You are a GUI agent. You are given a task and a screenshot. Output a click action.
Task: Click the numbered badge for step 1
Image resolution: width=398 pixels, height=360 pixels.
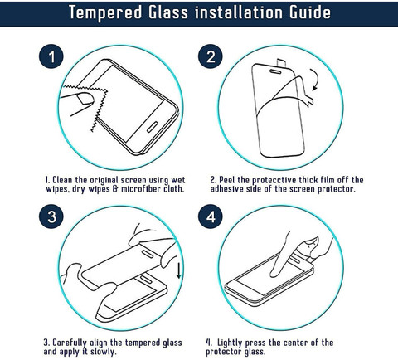[51, 56]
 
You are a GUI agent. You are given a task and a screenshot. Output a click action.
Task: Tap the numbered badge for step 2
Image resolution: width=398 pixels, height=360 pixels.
[211, 56]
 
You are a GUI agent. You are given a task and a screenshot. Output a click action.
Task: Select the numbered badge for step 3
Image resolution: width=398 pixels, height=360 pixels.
[51, 216]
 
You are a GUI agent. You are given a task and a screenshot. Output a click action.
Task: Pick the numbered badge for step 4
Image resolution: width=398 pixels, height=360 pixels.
[211, 216]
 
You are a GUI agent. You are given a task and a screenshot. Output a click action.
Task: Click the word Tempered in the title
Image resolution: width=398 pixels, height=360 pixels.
[105, 12]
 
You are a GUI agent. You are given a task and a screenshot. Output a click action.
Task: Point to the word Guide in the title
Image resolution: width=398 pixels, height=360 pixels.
[310, 12]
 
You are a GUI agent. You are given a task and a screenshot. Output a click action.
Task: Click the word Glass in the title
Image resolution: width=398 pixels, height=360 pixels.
[168, 12]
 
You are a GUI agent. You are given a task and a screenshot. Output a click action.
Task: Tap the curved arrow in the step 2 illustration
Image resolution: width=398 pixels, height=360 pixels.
[316, 80]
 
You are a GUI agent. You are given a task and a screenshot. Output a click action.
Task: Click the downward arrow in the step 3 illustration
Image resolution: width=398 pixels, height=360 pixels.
[179, 270]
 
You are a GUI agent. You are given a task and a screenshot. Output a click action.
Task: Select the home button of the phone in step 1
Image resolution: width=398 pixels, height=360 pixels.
[152, 127]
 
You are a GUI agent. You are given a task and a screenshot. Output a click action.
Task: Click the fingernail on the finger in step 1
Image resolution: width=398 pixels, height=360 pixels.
[85, 99]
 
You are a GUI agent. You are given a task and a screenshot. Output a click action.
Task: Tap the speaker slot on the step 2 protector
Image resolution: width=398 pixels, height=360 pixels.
[275, 72]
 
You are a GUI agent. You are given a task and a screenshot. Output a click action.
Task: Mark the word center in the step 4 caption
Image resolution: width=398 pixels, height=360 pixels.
[289, 343]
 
